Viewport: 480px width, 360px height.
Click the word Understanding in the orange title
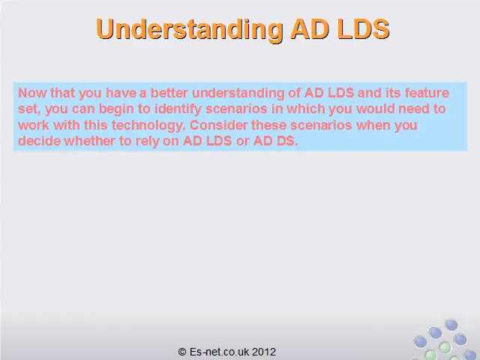click(190, 29)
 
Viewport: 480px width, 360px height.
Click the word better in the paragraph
click(169, 93)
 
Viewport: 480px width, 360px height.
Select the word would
click(375, 109)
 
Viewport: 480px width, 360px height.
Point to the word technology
click(148, 125)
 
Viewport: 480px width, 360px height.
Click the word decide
click(39, 141)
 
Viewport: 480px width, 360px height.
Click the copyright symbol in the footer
click(182, 352)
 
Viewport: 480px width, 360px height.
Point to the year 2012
click(264, 352)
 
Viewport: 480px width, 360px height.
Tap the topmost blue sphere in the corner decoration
click(451, 325)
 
